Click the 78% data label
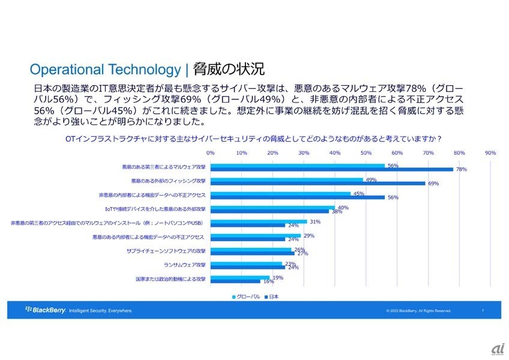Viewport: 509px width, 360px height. click(x=462, y=170)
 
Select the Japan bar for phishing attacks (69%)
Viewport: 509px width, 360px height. click(x=318, y=183)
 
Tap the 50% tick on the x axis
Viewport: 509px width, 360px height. click(x=366, y=152)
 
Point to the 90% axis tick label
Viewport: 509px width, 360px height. click(x=490, y=152)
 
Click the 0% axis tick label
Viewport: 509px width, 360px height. click(x=211, y=152)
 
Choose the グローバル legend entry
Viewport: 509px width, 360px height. click(x=245, y=296)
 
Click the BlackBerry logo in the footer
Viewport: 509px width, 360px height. click(x=45, y=310)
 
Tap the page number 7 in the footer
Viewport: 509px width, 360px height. click(x=483, y=311)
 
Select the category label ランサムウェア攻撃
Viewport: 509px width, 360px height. click(x=184, y=265)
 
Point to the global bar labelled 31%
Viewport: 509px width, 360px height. click(x=259, y=221)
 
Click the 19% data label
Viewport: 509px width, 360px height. click(x=278, y=277)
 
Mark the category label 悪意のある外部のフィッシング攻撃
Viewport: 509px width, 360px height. click(x=168, y=181)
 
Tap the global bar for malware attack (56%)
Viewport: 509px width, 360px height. click(x=298, y=166)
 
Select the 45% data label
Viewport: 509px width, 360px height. click(x=359, y=194)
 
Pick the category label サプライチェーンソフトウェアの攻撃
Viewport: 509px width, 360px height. click(x=166, y=251)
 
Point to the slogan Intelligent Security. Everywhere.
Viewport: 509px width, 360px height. click(x=101, y=311)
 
